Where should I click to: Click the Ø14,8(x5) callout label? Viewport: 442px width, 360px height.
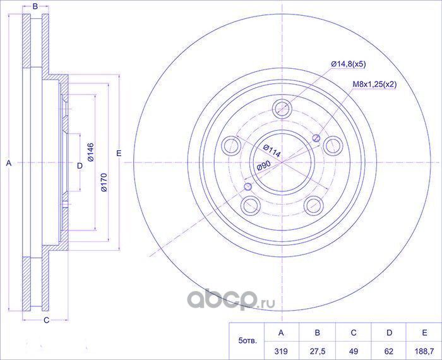pyautogui.click(x=348, y=64)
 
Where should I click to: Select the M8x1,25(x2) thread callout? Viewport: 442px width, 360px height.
pyautogui.click(x=374, y=84)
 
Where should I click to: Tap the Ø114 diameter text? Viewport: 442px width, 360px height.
pyautogui.click(x=272, y=151)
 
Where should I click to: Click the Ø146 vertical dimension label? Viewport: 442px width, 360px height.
pyautogui.click(x=90, y=152)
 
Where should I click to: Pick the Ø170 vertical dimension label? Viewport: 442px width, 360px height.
pyautogui.click(x=104, y=183)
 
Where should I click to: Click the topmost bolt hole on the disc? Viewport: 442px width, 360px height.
pyautogui.click(x=282, y=108)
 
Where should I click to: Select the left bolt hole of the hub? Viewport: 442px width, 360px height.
pyautogui.click(x=232, y=145)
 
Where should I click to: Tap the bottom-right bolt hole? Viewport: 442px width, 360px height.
pyautogui.click(x=314, y=205)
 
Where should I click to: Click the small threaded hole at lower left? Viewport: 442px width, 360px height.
pyautogui.click(x=248, y=186)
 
